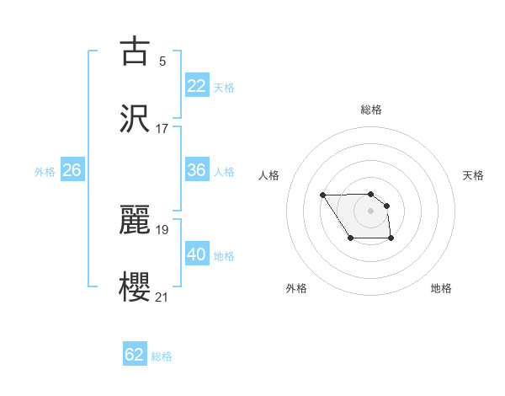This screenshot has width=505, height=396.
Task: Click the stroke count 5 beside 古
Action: point(162,61)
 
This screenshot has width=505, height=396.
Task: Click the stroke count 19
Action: point(162,228)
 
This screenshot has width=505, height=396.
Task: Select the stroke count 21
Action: point(162,296)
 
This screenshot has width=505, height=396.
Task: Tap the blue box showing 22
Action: point(197,86)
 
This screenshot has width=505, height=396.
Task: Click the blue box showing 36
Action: point(197,170)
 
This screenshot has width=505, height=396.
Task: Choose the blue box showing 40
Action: point(197,254)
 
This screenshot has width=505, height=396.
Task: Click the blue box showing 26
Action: point(72,170)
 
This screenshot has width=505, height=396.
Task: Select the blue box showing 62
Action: point(135,355)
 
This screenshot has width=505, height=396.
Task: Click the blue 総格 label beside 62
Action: point(162,356)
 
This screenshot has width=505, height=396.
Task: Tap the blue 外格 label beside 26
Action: point(45,172)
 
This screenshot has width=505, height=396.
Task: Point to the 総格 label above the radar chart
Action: point(371,110)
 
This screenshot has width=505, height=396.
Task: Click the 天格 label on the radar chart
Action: point(474,175)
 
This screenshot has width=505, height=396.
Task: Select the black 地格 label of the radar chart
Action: point(441,288)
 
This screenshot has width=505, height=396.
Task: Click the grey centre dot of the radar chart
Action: point(370,211)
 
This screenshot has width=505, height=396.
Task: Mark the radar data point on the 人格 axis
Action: point(323,195)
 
